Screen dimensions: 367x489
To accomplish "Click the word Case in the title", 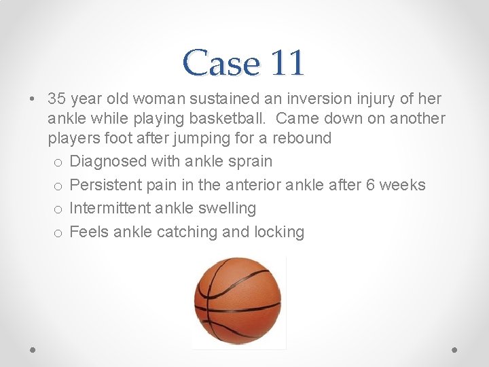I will pos(221,63).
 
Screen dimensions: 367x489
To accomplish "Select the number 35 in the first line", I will pos(58,99).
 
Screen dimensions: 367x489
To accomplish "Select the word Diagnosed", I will pos(107,162).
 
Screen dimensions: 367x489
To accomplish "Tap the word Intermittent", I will pos(111,209).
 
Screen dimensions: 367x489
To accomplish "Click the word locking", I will pos(278,232).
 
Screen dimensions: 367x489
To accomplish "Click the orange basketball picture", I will pos(238,302).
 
